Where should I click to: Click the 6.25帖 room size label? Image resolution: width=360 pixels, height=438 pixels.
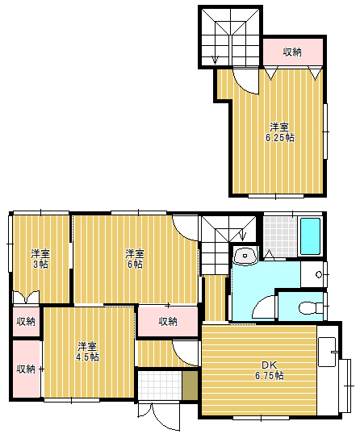279,132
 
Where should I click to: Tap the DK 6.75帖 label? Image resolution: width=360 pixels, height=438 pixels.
270,370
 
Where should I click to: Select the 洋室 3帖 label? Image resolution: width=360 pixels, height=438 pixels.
40,259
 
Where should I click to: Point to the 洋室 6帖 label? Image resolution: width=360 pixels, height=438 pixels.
135,259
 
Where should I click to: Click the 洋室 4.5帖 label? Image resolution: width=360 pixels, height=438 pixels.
87,352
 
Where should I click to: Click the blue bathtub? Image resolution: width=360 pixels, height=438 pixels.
310,236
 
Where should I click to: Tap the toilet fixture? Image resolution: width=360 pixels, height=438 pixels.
311,308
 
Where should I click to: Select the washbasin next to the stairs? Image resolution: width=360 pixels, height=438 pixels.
245,256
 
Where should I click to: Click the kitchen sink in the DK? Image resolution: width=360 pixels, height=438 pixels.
327,352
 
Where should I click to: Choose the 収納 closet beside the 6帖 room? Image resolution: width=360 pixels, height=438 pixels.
168,321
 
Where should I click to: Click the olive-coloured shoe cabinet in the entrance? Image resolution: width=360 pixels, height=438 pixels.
190,386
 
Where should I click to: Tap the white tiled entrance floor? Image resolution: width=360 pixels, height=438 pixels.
160,386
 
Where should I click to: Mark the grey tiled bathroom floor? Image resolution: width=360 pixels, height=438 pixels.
280,237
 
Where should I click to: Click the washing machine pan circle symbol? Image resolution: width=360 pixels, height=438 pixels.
319,274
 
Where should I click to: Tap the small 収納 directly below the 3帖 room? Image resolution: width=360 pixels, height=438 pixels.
26,321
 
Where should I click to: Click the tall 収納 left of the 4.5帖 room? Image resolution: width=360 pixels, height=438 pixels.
27,369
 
